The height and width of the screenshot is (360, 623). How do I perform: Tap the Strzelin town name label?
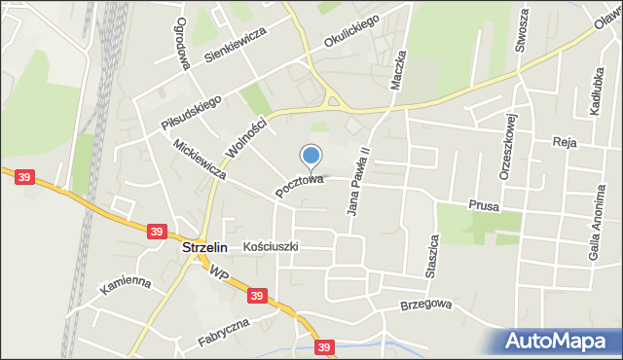(x=204, y=247)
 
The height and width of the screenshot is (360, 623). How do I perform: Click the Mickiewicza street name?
(x=198, y=161)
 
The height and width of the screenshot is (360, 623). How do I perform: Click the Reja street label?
(x=565, y=142)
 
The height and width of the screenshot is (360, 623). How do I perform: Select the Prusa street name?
(x=483, y=204)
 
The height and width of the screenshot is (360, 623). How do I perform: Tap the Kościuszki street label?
(x=271, y=247)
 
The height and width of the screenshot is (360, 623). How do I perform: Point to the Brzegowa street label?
(x=426, y=305)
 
